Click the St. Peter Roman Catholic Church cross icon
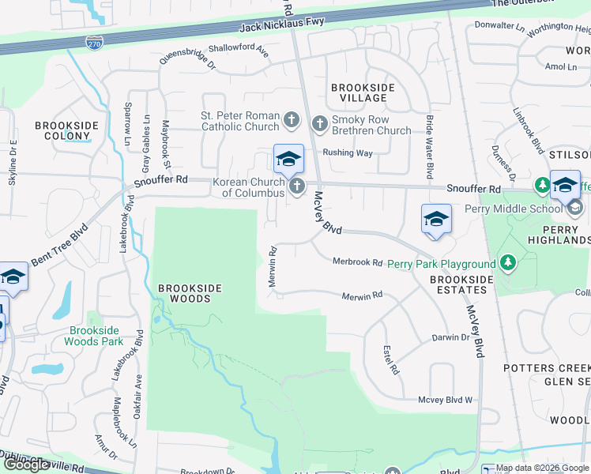click(x=292, y=120)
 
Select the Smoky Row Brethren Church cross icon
click(x=319, y=123)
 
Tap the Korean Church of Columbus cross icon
click(x=297, y=186)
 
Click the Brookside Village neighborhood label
click(x=359, y=92)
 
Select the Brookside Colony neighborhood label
click(x=67, y=130)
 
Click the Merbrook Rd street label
click(x=357, y=261)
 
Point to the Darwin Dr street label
click(x=450, y=337)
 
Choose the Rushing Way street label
click(x=347, y=153)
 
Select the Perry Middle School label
click(x=513, y=209)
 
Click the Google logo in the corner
click(x=26, y=465)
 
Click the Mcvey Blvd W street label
click(x=445, y=401)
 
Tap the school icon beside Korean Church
click(x=288, y=160)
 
